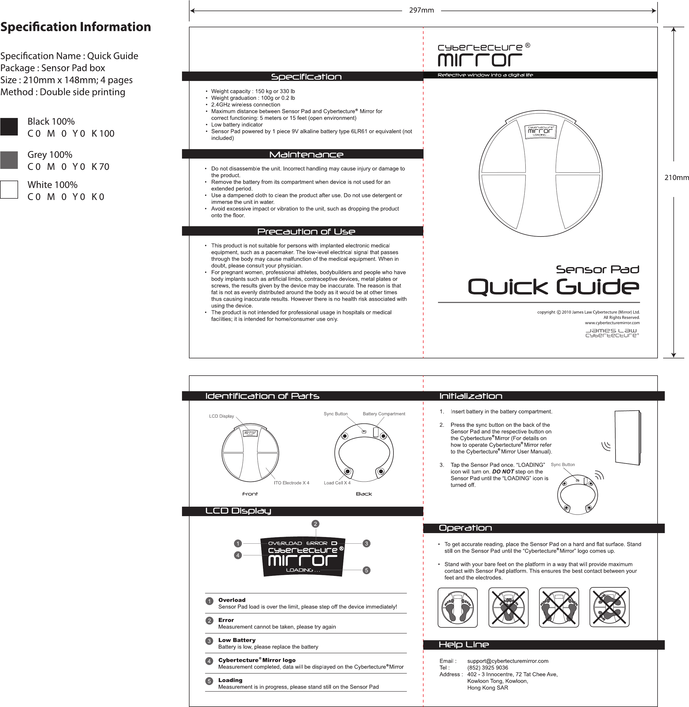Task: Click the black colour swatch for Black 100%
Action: click(9, 127)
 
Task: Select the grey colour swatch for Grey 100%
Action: click(9, 160)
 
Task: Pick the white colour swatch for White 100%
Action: click(9, 189)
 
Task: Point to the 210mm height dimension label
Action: click(676, 178)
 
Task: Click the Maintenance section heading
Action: click(306, 154)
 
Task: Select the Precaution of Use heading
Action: click(306, 231)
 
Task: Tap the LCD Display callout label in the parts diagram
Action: click(222, 416)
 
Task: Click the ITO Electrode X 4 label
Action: click(291, 483)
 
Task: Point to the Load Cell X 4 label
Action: click(337, 483)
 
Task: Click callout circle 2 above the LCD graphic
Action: click(316, 524)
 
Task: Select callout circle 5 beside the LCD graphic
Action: click(366, 570)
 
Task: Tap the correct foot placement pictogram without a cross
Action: click(457, 607)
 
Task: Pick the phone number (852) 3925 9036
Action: click(488, 667)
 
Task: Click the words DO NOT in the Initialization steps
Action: click(503, 471)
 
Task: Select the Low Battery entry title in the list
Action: click(237, 640)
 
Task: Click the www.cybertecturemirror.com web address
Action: click(612, 323)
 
